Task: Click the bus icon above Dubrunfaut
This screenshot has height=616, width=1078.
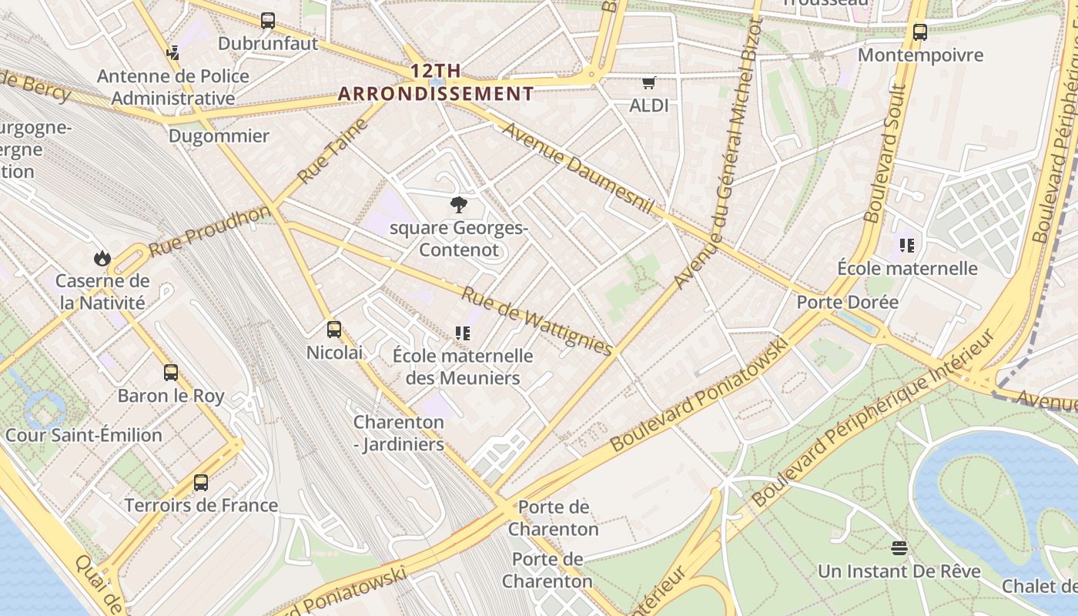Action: click(268, 21)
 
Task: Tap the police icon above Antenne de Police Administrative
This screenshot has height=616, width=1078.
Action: click(173, 53)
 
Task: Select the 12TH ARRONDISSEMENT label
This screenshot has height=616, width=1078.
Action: click(436, 82)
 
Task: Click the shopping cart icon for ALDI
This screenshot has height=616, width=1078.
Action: click(649, 82)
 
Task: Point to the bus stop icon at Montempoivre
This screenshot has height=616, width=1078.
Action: click(920, 32)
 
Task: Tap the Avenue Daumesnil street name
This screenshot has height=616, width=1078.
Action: click(578, 168)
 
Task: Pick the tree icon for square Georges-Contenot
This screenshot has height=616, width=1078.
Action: click(459, 205)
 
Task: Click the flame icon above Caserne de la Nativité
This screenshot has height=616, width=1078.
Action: click(102, 258)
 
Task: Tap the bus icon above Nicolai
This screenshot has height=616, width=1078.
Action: click(334, 330)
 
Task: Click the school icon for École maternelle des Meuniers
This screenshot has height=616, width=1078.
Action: click(463, 333)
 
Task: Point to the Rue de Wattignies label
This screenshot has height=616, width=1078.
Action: click(537, 320)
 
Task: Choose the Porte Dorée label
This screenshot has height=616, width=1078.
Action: click(847, 302)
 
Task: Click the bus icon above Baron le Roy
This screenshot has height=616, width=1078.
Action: click(171, 373)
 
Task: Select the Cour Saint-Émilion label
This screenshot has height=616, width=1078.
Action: click(84, 435)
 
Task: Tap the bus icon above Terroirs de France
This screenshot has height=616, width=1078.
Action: click(201, 483)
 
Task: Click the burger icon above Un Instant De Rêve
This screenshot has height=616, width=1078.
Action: click(899, 548)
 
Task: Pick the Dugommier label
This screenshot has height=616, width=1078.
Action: click(219, 136)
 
